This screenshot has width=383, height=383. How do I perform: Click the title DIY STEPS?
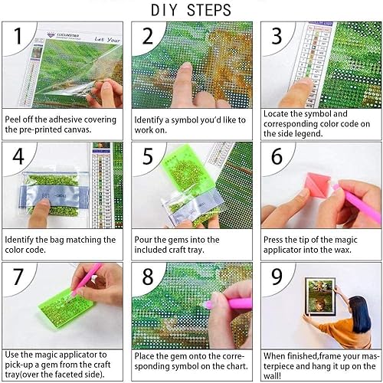191,10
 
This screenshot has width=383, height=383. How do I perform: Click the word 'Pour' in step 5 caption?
146,240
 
